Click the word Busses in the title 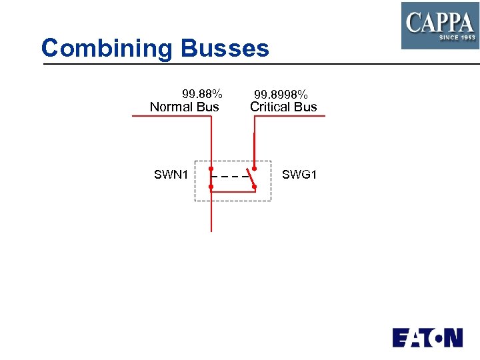click(224, 48)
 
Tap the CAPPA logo click(439, 25)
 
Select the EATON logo click(427, 337)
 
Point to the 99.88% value click(202, 94)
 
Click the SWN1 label click(171, 175)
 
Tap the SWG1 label click(299, 175)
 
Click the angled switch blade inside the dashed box click(251, 178)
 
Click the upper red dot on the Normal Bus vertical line click(211, 169)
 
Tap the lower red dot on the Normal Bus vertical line click(211, 187)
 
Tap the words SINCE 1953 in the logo click(457, 38)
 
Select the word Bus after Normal click(208, 107)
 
